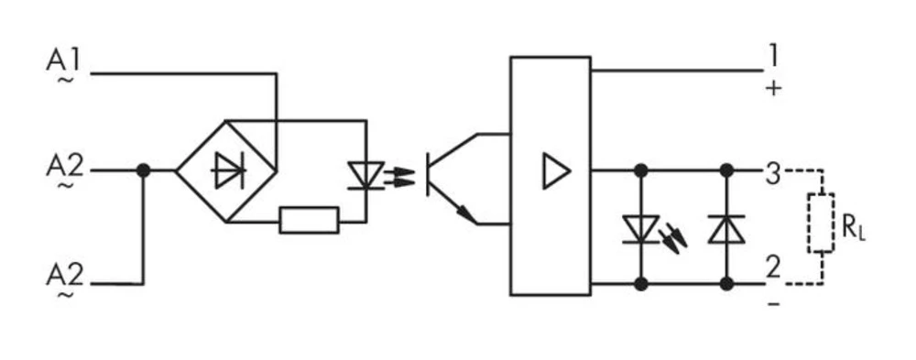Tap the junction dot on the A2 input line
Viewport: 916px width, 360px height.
(143, 170)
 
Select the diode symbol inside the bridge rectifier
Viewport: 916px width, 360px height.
(225, 170)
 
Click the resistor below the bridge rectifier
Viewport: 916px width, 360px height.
(309, 221)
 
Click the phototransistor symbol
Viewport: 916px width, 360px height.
(449, 179)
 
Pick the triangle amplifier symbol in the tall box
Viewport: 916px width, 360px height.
(555, 171)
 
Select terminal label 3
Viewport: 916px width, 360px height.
(773, 172)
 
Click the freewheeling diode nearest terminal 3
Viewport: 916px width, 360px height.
(727, 229)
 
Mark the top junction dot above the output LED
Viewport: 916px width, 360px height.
(641, 170)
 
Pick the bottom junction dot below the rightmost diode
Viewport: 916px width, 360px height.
(727, 284)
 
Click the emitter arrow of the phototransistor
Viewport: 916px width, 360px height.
(468, 216)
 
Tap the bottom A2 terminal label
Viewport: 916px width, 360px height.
(64, 276)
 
